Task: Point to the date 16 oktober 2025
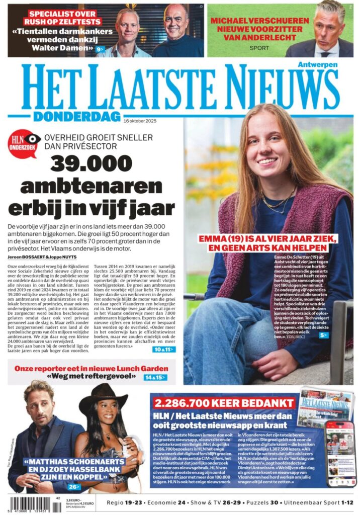144,120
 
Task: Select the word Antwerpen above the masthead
317,64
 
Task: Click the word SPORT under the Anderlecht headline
259,48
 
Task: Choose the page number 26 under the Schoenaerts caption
74,487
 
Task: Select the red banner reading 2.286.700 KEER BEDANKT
224,403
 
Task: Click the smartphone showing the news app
339,453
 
